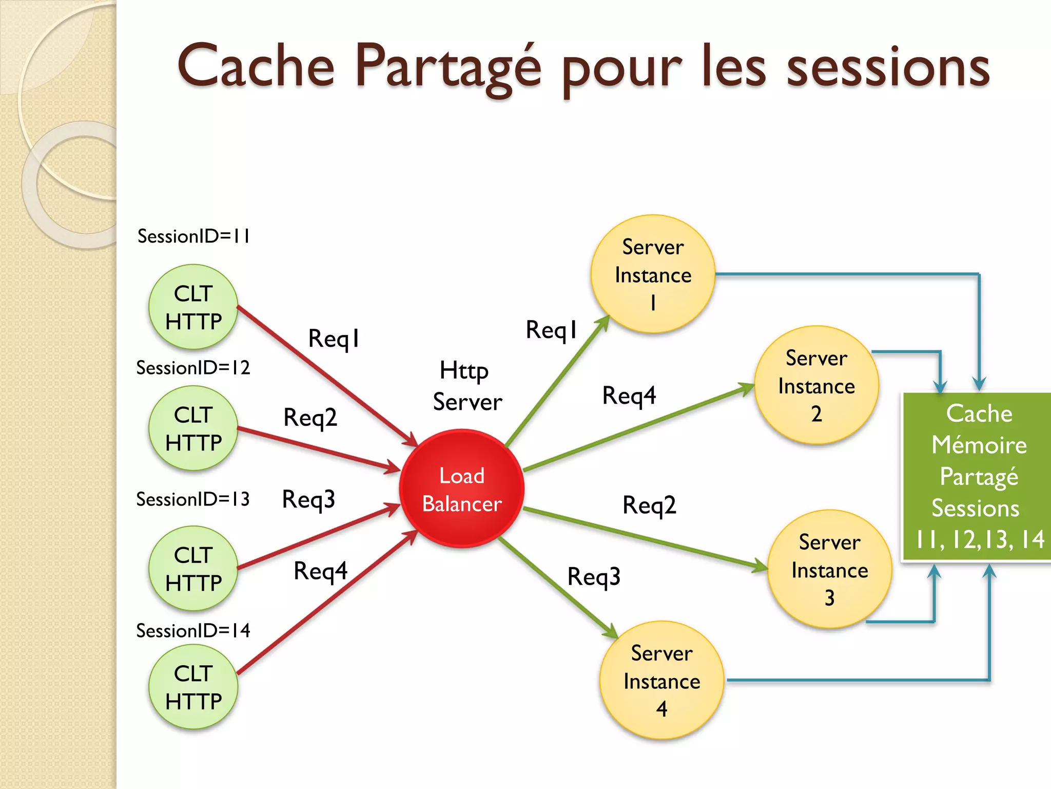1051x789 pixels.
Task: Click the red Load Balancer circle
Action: pos(461,489)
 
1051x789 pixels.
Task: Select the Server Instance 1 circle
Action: pos(653,274)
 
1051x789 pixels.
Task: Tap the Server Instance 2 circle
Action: pos(816,385)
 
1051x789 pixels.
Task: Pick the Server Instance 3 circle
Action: pos(829,569)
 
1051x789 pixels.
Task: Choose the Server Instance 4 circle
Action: pos(661,680)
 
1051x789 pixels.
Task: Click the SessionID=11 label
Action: pos(193,236)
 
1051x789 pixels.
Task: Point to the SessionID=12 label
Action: pos(193,368)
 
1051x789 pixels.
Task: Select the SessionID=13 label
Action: pos(193,499)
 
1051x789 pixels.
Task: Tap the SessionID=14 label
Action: pos(193,631)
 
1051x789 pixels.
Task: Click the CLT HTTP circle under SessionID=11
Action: pos(193,307)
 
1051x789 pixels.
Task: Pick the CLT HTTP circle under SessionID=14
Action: pos(193,687)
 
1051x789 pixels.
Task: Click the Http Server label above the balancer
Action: pos(466,386)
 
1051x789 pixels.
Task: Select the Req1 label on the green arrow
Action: pos(551,330)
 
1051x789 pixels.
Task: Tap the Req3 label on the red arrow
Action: pos(308,499)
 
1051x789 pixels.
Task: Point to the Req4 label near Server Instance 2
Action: pos(629,396)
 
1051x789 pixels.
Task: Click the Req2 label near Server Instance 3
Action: pos(649,505)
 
